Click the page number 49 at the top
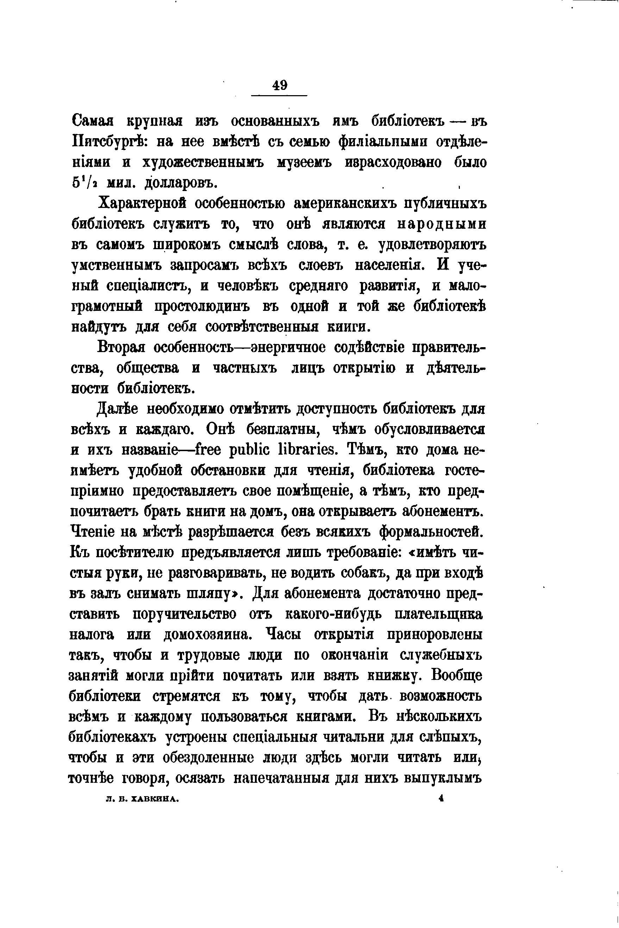(x=280, y=85)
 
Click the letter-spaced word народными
(x=441, y=224)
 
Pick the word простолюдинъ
(x=202, y=306)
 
